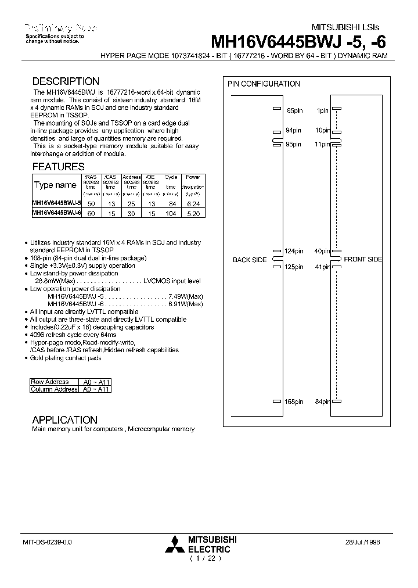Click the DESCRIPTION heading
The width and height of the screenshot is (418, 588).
(x=66, y=81)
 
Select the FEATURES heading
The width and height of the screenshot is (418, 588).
(x=58, y=167)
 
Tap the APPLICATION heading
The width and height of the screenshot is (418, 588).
(x=64, y=420)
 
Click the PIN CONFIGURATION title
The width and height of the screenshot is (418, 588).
(x=264, y=84)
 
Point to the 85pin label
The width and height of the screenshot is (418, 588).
(x=295, y=110)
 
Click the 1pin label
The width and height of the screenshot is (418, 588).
(x=323, y=110)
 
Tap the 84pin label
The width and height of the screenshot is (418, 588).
(x=322, y=401)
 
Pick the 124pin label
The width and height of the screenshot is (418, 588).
(x=293, y=251)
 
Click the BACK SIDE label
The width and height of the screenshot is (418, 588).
(x=250, y=260)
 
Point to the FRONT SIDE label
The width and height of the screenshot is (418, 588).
(x=363, y=259)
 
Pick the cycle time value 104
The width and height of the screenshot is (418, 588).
(x=171, y=213)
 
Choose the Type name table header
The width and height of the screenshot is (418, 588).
(x=56, y=185)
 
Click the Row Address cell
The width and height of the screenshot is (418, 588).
(x=50, y=382)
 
